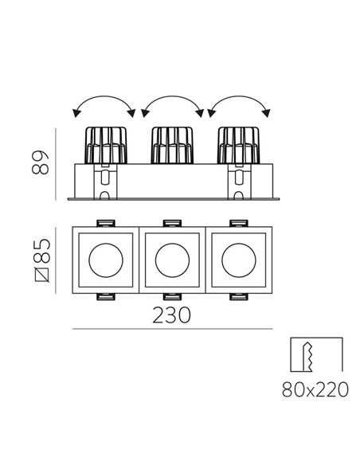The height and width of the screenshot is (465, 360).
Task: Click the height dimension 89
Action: point(40,162)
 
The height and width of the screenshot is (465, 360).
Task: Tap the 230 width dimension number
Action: point(172,315)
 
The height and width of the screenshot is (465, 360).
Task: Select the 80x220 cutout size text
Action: point(315,389)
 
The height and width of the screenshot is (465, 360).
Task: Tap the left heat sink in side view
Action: point(106,145)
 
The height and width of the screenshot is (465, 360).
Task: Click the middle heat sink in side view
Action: point(172,145)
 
